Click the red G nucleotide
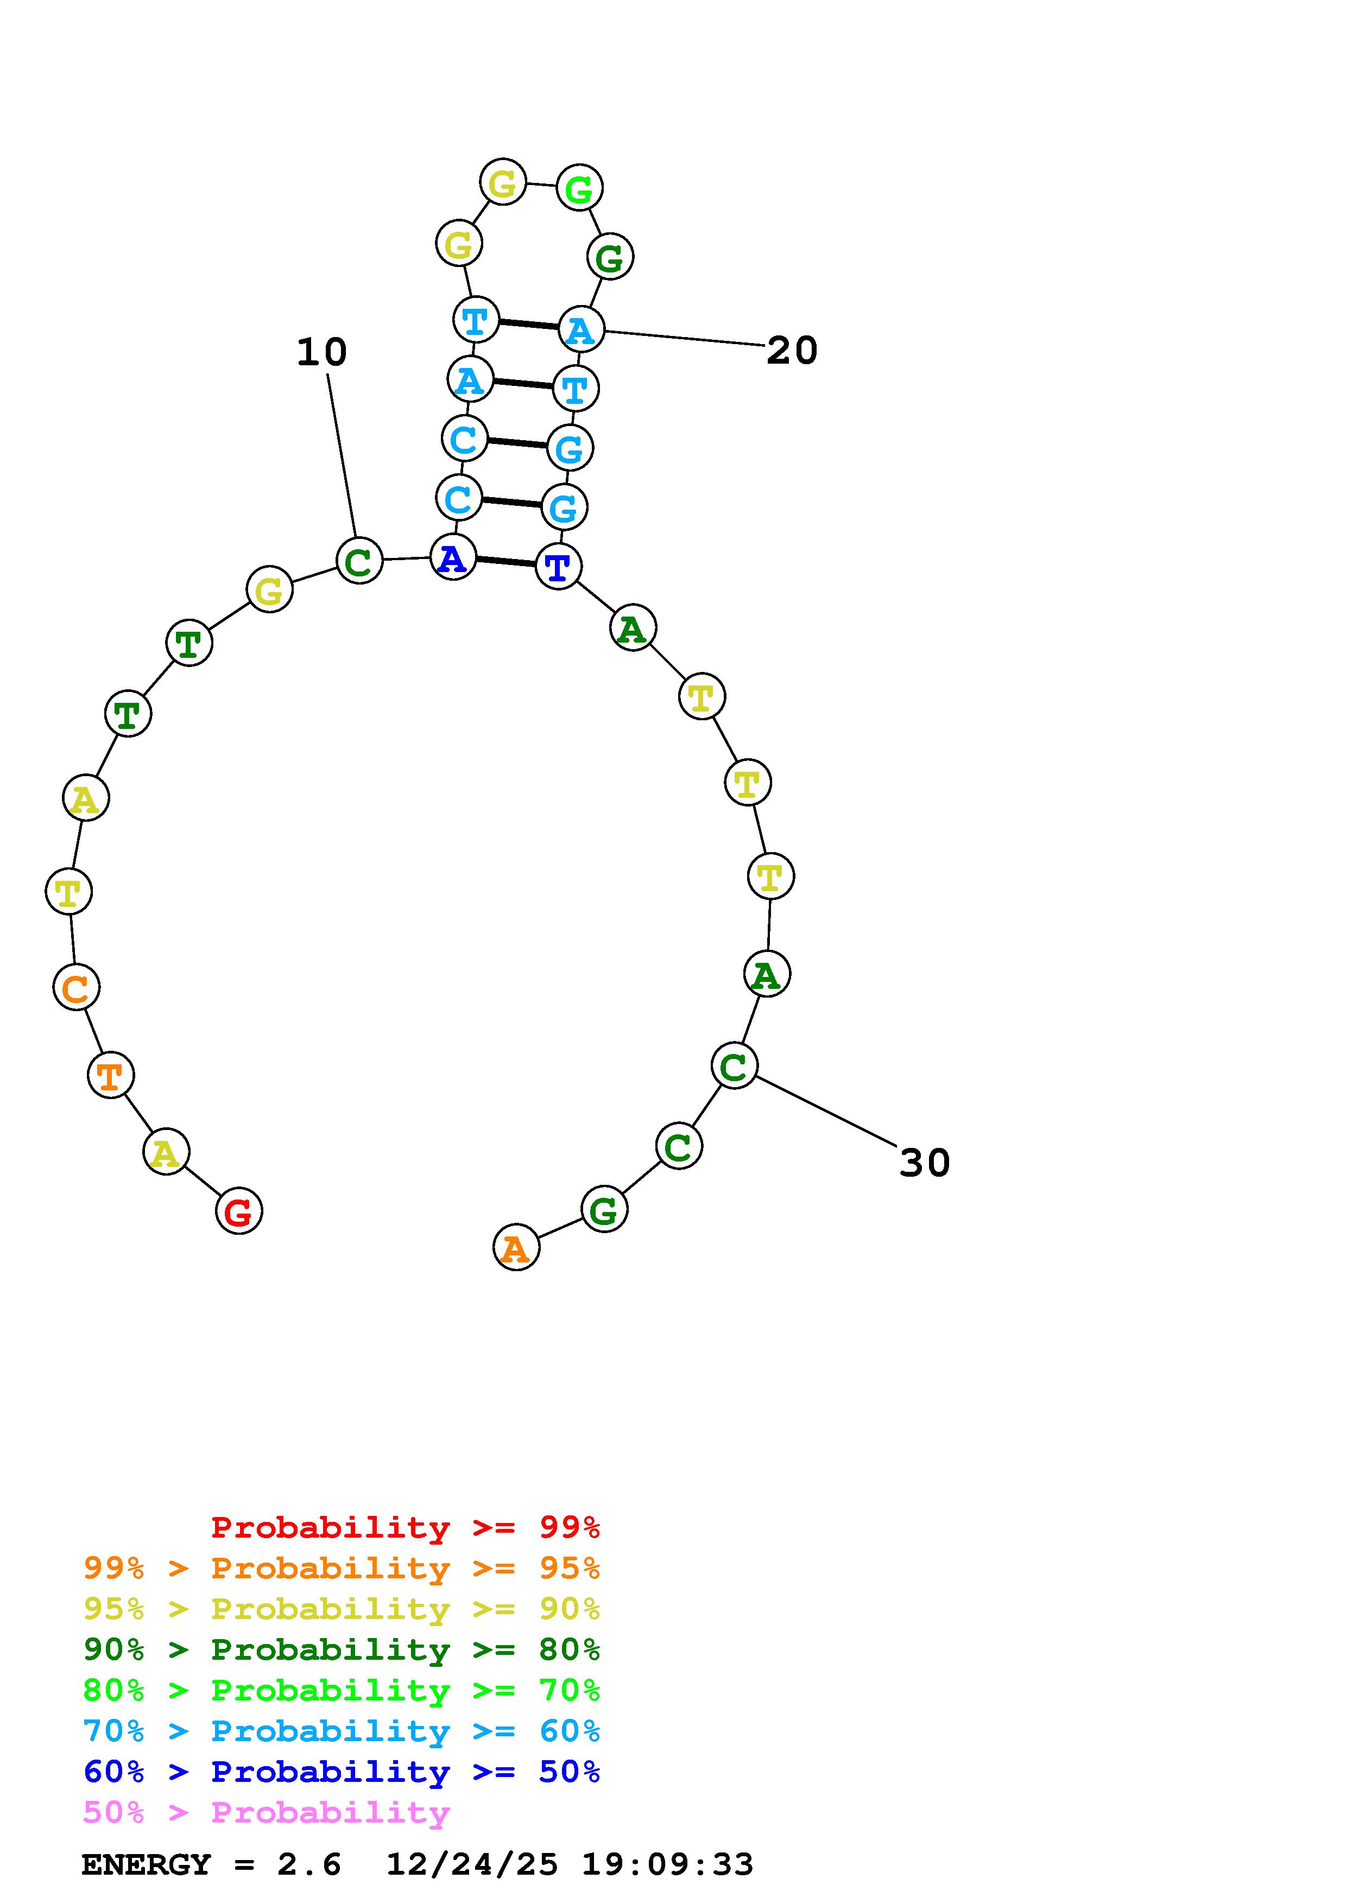click(239, 1211)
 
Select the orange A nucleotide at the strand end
click(516, 1247)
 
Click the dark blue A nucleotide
click(453, 557)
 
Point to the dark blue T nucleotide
click(558, 567)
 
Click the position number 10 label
click(322, 352)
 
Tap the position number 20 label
click(792, 350)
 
